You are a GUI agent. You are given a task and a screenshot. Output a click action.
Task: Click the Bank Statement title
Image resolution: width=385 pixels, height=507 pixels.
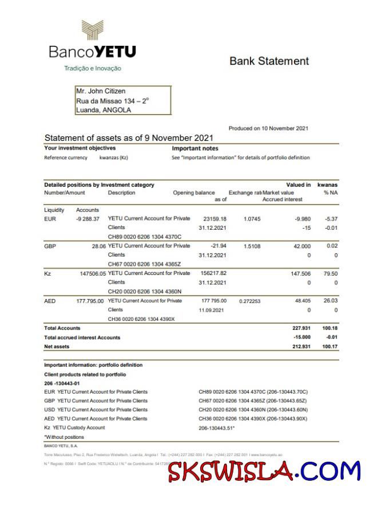click(x=269, y=61)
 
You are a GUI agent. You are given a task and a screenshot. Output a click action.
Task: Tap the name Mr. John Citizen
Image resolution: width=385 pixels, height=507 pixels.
click(x=101, y=91)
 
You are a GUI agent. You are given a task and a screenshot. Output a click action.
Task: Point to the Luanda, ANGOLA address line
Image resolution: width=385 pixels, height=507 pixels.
click(x=104, y=110)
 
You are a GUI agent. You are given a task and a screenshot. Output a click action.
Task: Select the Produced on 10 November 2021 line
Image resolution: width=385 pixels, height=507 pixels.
click(x=268, y=128)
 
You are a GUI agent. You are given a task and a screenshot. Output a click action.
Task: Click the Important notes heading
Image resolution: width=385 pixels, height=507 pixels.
click(x=195, y=148)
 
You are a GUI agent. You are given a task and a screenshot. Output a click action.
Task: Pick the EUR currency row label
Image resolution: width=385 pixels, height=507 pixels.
click(x=50, y=219)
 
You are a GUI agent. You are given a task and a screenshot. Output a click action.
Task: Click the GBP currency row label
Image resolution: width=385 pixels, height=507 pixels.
click(x=50, y=246)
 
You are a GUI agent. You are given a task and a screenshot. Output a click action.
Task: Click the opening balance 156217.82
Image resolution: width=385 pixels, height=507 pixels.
click(x=215, y=273)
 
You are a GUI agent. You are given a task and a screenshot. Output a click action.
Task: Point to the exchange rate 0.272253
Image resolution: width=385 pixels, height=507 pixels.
click(x=249, y=301)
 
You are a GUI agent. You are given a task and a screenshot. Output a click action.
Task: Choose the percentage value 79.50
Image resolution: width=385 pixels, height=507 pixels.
click(x=330, y=274)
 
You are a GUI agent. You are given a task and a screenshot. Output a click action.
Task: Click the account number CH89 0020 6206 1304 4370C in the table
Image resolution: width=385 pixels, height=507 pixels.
click(x=145, y=237)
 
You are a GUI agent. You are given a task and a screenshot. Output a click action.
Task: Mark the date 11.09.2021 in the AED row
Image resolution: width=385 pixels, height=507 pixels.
click(x=212, y=310)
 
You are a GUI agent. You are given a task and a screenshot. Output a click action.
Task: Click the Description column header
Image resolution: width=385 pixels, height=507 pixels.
click(x=121, y=193)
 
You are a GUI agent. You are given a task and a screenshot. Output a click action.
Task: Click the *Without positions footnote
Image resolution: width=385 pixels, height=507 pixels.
click(x=64, y=437)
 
